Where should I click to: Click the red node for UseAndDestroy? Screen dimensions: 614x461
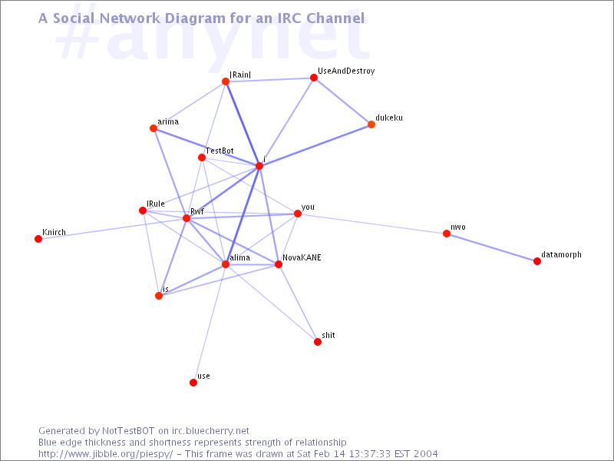pyautogui.click(x=314, y=78)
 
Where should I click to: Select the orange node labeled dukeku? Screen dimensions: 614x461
pyautogui.click(x=371, y=124)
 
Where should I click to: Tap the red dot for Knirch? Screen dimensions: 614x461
pyautogui.click(x=38, y=239)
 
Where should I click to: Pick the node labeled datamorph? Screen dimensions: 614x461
pyautogui.click(x=537, y=261)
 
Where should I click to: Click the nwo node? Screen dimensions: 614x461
pyautogui.click(x=447, y=234)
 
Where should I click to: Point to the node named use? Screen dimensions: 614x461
pyautogui.click(x=193, y=382)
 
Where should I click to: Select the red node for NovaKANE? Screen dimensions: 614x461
pyautogui.click(x=279, y=264)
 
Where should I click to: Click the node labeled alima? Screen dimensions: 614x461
pyautogui.click(x=226, y=264)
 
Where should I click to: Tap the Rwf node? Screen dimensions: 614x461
pyautogui.click(x=187, y=218)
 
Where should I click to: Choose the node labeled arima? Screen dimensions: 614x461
pyautogui.click(x=153, y=128)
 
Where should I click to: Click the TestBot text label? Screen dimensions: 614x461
pyautogui.click(x=220, y=151)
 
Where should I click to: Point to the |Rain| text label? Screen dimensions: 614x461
pyautogui.click(x=240, y=75)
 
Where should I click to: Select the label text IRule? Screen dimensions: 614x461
pyautogui.click(x=156, y=204)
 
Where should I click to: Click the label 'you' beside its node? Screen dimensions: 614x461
pyautogui.click(x=308, y=207)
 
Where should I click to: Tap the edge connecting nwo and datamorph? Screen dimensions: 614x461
pyautogui.click(x=492, y=247)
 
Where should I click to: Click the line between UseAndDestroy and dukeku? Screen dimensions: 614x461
pyautogui.click(x=342, y=101)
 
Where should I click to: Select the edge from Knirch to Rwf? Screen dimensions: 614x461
pyautogui.click(x=112, y=228)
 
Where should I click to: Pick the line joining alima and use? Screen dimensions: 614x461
pyautogui.click(x=210, y=323)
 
